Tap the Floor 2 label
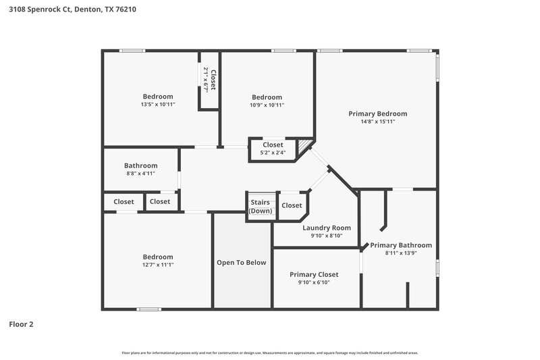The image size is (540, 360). click(21, 324)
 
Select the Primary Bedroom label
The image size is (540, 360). click(377, 113)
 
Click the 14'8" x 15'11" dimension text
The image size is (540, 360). click(377, 122)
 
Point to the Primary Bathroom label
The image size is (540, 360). click(400, 245)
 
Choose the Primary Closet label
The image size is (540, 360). click(314, 274)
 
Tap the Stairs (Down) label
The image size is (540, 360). click(261, 207)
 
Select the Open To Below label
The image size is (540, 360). click(241, 262)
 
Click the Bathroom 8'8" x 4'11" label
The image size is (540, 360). click(140, 169)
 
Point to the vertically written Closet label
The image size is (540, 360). click(213, 80)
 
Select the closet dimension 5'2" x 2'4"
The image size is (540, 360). click(273, 153)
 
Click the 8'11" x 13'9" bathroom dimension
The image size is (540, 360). click(400, 253)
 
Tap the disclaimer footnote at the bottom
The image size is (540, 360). click(269, 353)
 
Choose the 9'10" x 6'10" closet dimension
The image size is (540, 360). click(314, 282)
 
